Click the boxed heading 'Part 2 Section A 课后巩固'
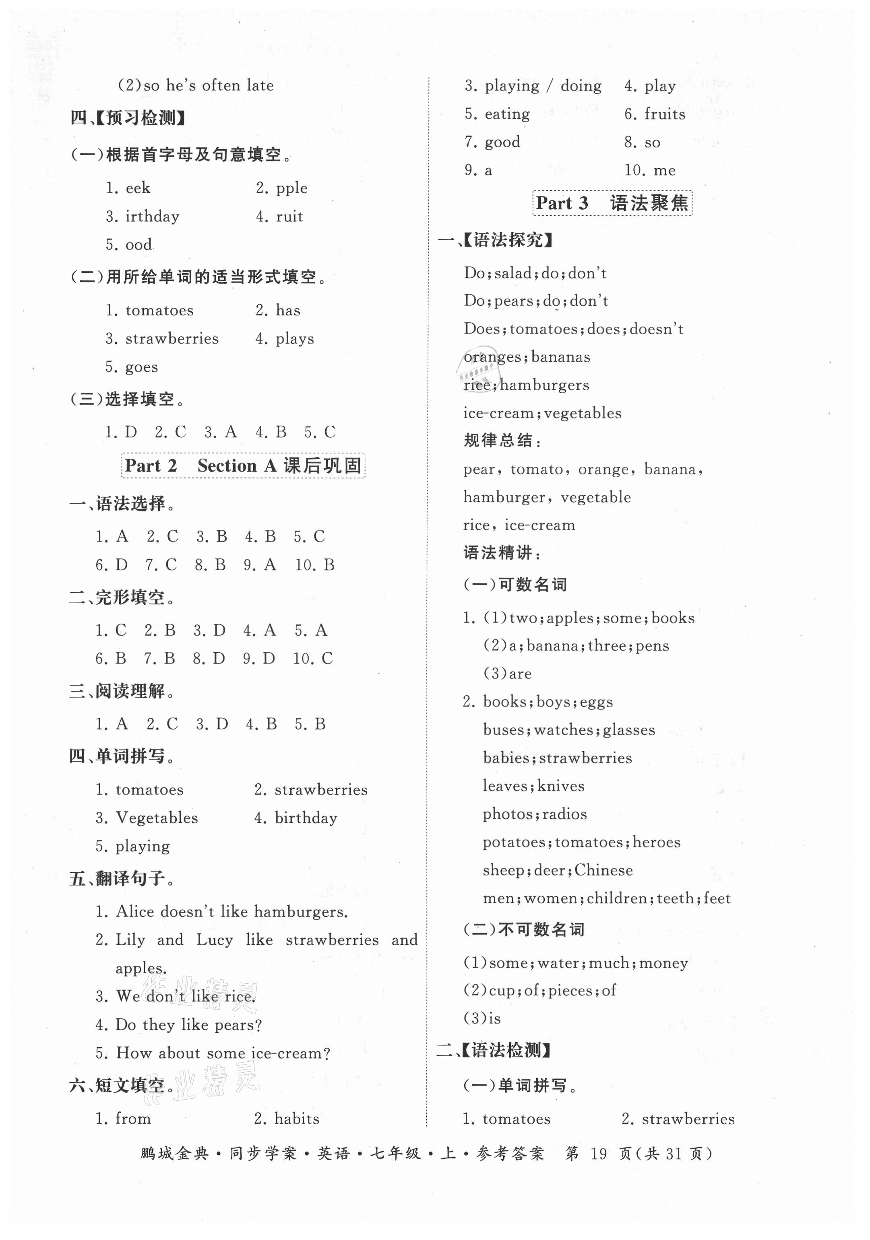[243, 466]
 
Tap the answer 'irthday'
[153, 216]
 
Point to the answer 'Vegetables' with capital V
[157, 818]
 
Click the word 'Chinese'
[603, 870]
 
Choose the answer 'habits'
[297, 1118]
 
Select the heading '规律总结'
[502, 441]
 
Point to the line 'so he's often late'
[209, 85]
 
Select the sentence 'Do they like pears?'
[188, 1024]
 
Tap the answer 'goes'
[142, 367]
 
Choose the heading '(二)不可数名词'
[524, 929]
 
